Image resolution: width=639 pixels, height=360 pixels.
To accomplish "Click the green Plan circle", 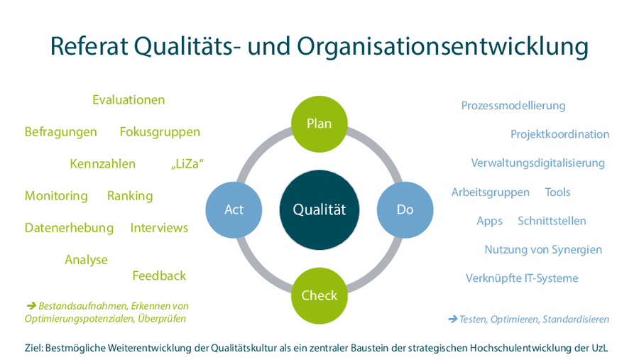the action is tap(319, 124).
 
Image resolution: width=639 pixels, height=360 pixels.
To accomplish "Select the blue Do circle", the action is tap(405, 209).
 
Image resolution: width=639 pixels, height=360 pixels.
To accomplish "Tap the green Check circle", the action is tap(319, 295).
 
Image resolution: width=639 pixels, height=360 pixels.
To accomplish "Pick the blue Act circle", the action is tap(234, 209).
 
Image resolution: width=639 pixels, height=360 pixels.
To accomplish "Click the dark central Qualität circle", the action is tap(319, 209).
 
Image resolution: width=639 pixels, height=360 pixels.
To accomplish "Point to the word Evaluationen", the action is tap(129, 100).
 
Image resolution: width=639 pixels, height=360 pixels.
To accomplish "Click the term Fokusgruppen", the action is tap(160, 132).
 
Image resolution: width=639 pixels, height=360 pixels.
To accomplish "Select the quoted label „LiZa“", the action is tap(187, 164).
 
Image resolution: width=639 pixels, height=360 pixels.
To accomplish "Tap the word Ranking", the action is tap(130, 196).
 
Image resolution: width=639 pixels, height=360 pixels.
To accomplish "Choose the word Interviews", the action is tap(159, 228).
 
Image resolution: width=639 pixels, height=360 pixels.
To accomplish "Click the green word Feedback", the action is tap(159, 276).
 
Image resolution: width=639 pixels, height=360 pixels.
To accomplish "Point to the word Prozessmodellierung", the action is tap(513, 106).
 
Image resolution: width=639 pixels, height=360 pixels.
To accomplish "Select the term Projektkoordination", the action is tap(560, 134).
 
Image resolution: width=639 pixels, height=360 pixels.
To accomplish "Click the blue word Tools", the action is tap(558, 192).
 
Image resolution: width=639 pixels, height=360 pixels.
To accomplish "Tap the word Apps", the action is tap(489, 222).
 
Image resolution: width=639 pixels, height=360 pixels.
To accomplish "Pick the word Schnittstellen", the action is tap(552, 221).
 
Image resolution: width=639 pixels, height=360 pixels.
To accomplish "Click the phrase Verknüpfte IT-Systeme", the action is tap(522, 278).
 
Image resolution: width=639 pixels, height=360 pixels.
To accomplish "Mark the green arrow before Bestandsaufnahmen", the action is tap(31, 305).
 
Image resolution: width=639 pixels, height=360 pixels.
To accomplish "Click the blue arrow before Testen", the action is tap(452, 319).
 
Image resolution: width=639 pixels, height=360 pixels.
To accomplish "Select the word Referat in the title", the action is tap(89, 45).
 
